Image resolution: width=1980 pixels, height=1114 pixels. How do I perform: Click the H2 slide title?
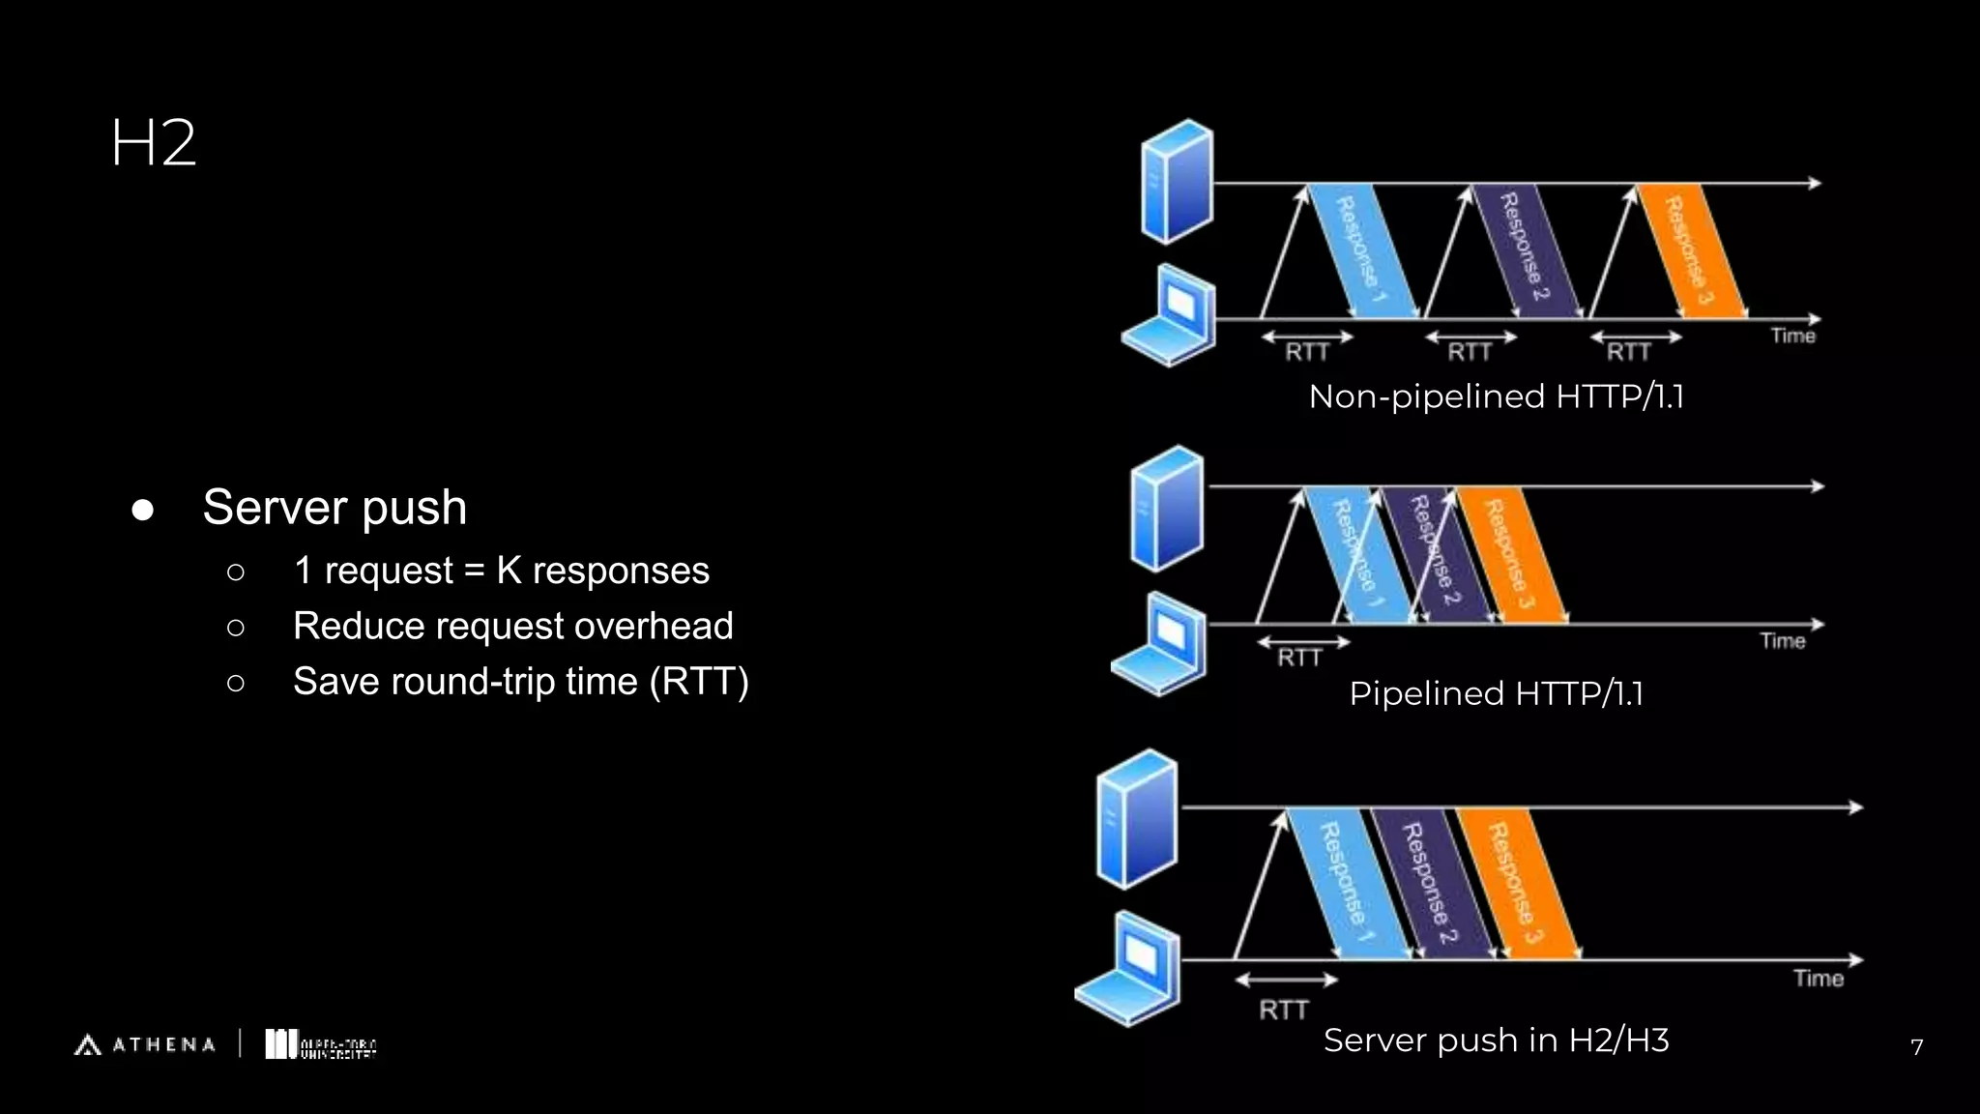[x=154, y=143]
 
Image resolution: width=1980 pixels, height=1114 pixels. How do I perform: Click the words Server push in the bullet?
[x=335, y=508]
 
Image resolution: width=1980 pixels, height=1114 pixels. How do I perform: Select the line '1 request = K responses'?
[x=501, y=571]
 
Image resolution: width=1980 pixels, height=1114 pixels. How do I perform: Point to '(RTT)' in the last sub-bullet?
[x=699, y=682]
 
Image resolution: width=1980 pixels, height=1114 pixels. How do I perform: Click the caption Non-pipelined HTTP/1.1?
[x=1496, y=396]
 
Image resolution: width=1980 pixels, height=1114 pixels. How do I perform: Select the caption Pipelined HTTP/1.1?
[x=1496, y=693]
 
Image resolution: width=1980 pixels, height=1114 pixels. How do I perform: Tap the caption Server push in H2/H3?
[x=1496, y=1041]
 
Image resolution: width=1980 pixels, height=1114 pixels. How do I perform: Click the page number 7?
[x=1916, y=1046]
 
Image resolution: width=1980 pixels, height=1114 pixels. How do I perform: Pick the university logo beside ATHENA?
[x=320, y=1044]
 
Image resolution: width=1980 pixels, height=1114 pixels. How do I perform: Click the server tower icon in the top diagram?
[x=1177, y=181]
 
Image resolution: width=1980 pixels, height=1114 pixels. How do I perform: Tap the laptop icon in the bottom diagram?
[x=1129, y=969]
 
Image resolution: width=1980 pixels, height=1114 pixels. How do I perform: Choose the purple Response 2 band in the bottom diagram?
[x=1429, y=882]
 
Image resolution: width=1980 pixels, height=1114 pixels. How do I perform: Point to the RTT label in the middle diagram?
[x=1299, y=658]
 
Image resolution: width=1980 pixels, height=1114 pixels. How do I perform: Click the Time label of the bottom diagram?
[x=1818, y=979]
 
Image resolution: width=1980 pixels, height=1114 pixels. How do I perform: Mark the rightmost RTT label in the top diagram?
[x=1628, y=352]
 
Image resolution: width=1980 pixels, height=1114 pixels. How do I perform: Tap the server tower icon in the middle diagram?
[x=1167, y=508]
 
